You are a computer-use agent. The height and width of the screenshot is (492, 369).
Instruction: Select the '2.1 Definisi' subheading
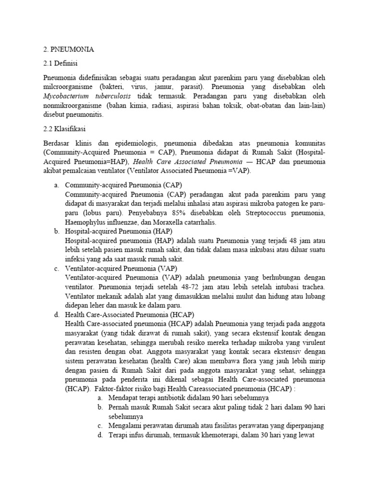tap(61, 63)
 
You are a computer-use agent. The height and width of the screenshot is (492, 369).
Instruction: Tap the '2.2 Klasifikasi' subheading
tap(65, 129)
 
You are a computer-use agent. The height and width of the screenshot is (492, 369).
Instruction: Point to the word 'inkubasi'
tap(260, 250)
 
